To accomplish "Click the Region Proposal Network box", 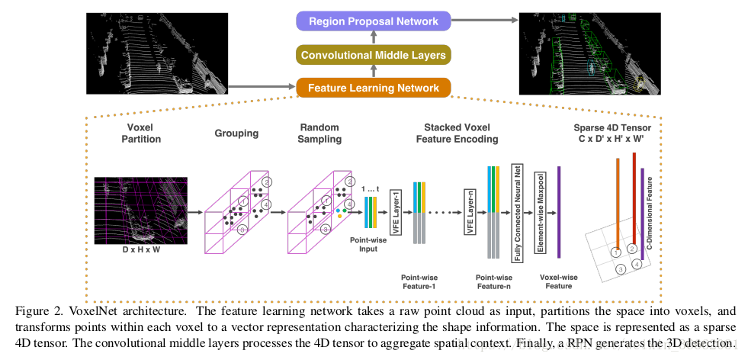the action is tap(374, 21).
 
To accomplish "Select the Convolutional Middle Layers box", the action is tap(374, 55).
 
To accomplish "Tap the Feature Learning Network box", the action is tap(374, 88).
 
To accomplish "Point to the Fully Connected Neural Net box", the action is tap(515, 212).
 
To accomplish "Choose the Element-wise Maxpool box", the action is tap(540, 212).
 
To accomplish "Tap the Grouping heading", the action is tap(236, 133).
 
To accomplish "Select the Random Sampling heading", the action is tap(319, 133).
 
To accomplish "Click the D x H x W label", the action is tap(140, 249).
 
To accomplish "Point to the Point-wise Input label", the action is tap(368, 244).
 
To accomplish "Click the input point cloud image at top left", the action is tap(157, 53).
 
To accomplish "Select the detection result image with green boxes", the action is tap(589, 53).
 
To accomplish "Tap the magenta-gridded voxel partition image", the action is tap(141, 211).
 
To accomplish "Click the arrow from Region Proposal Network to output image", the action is tap(485, 21).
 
